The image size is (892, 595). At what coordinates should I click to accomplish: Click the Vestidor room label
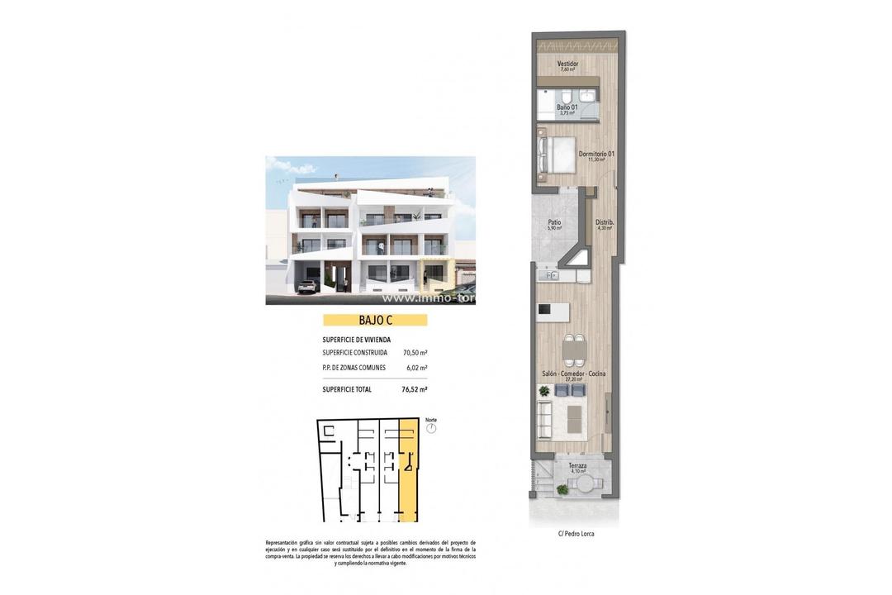click(x=567, y=64)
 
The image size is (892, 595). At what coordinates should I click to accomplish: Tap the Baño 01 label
click(x=567, y=108)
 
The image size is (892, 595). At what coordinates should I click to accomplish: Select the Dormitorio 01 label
click(x=596, y=155)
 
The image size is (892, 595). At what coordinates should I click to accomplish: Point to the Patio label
click(x=555, y=222)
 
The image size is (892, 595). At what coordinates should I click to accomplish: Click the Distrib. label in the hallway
click(x=605, y=222)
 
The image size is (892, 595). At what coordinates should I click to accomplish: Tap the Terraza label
click(x=577, y=466)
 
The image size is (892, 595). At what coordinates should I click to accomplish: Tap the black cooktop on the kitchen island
click(x=544, y=309)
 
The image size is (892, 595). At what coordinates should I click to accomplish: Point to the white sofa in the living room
click(x=546, y=417)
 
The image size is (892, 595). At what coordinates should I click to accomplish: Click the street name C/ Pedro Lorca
click(x=576, y=534)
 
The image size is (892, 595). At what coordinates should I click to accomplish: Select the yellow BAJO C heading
click(x=375, y=320)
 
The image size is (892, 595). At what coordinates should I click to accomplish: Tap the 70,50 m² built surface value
click(x=415, y=352)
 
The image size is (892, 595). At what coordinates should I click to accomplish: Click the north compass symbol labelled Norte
click(x=430, y=427)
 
